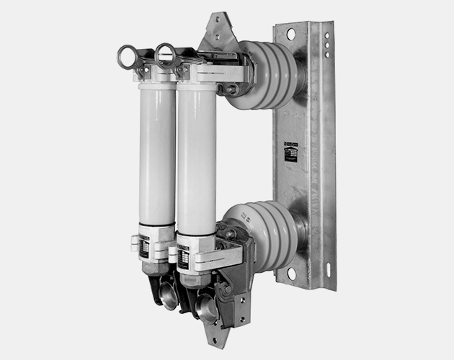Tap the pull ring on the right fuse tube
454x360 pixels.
(166, 55)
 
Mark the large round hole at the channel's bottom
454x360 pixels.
(291, 274)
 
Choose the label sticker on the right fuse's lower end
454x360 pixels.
(183, 257)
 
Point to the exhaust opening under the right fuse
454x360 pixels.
(206, 308)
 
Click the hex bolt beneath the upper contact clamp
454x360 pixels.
(233, 90)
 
